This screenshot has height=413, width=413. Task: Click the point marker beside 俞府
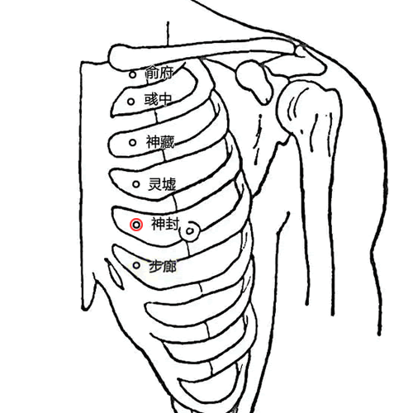[x=133, y=74]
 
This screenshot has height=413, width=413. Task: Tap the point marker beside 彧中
[x=131, y=102]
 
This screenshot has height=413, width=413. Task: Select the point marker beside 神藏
[x=133, y=143]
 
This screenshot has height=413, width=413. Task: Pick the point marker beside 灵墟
[x=136, y=184]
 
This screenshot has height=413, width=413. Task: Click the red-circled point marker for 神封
[x=136, y=225]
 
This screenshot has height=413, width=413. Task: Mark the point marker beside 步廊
[x=136, y=265]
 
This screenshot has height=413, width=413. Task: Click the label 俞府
[x=159, y=73]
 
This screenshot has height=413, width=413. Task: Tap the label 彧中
[x=159, y=99]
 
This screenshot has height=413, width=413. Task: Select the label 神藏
[x=160, y=142]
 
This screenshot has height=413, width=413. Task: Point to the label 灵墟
[x=162, y=184]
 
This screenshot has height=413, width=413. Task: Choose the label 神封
[x=165, y=224]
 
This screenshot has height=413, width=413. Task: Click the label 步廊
[x=163, y=267]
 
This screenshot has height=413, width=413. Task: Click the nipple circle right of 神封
[x=190, y=231]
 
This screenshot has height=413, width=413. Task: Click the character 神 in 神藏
[x=153, y=142]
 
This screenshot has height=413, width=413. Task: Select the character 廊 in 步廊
[x=170, y=267]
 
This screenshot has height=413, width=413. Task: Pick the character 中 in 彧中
[x=166, y=99]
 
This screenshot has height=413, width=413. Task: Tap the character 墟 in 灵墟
[x=169, y=184]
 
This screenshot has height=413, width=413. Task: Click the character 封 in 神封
[x=173, y=224]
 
